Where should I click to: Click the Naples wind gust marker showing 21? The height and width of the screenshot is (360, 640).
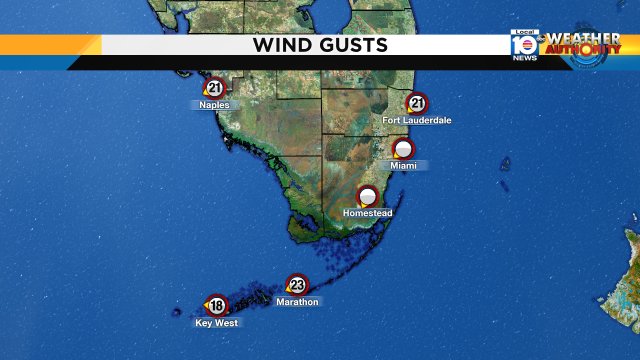215,88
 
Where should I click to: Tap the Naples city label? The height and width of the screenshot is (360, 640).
214,105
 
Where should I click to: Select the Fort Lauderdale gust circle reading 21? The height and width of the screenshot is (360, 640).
417,103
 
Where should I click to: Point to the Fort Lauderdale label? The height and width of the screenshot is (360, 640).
417,120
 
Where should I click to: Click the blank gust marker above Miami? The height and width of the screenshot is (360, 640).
403,148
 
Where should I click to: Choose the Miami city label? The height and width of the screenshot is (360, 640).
403,165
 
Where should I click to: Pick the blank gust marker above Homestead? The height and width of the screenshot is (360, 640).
368,196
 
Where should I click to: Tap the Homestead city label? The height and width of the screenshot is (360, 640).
368,214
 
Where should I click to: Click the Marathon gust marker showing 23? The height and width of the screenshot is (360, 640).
297,285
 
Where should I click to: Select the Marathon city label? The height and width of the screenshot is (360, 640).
297,302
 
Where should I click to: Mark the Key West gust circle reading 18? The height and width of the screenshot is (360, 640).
217,306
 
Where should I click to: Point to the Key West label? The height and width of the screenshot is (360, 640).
217,323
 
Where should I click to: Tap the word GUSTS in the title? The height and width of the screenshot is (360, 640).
353,45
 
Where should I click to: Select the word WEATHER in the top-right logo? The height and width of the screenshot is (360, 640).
582,39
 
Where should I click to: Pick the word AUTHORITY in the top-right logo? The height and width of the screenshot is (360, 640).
583,51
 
